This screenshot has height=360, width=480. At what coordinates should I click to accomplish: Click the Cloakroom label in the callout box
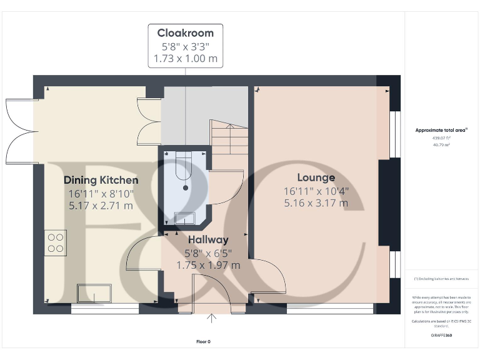[x=185, y=33]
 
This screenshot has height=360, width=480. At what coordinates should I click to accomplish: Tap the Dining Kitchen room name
[x=101, y=180]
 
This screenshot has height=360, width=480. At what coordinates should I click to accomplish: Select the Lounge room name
[x=316, y=177]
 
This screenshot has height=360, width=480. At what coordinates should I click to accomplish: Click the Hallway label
[x=208, y=239]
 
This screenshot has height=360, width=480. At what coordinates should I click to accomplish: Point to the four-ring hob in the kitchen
[x=56, y=242]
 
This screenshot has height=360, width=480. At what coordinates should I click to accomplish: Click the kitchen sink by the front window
[x=93, y=292]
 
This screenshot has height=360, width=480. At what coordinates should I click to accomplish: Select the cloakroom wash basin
[x=185, y=217]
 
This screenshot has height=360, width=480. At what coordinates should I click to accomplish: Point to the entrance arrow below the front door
[x=212, y=319]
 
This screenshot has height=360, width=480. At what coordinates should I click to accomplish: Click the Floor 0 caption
[x=204, y=342]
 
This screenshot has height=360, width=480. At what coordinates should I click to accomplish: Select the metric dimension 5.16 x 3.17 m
[x=316, y=203]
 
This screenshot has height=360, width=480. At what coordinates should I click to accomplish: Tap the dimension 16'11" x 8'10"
[x=101, y=193]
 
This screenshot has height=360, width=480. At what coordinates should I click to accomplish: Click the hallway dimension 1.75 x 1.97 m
[x=208, y=265]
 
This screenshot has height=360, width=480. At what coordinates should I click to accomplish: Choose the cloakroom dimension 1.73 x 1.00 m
[x=185, y=59]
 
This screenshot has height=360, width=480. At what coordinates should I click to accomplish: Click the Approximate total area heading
[x=441, y=130]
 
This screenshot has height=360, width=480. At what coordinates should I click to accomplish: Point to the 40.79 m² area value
[x=441, y=145]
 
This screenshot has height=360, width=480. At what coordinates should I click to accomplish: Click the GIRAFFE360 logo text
[x=441, y=336]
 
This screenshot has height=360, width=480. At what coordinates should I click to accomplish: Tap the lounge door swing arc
[x=272, y=278]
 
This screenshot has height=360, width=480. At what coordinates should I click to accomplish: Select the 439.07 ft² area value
[x=441, y=138]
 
